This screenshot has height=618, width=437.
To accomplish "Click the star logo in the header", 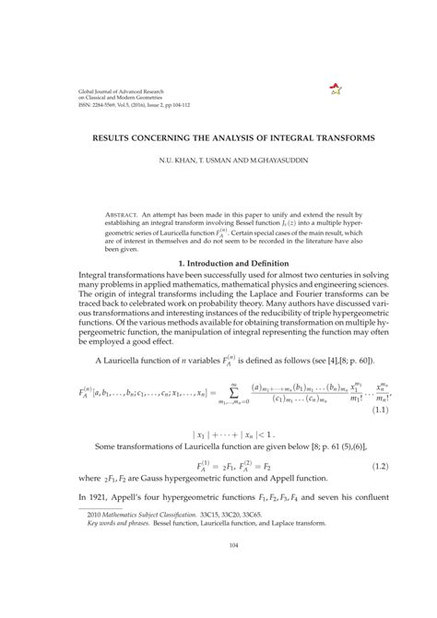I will (x=334, y=90).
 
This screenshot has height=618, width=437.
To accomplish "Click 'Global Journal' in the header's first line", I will (x=77, y=90).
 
